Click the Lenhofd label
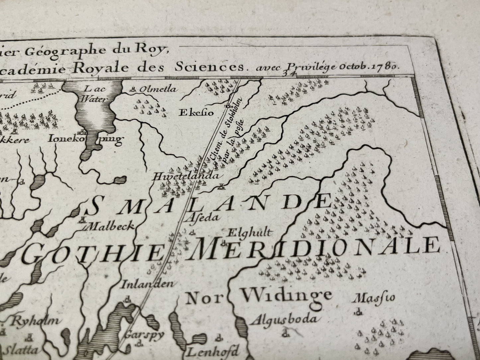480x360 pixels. tap(213, 351)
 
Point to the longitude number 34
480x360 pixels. tap(286, 74)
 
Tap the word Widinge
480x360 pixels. tap(287, 295)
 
